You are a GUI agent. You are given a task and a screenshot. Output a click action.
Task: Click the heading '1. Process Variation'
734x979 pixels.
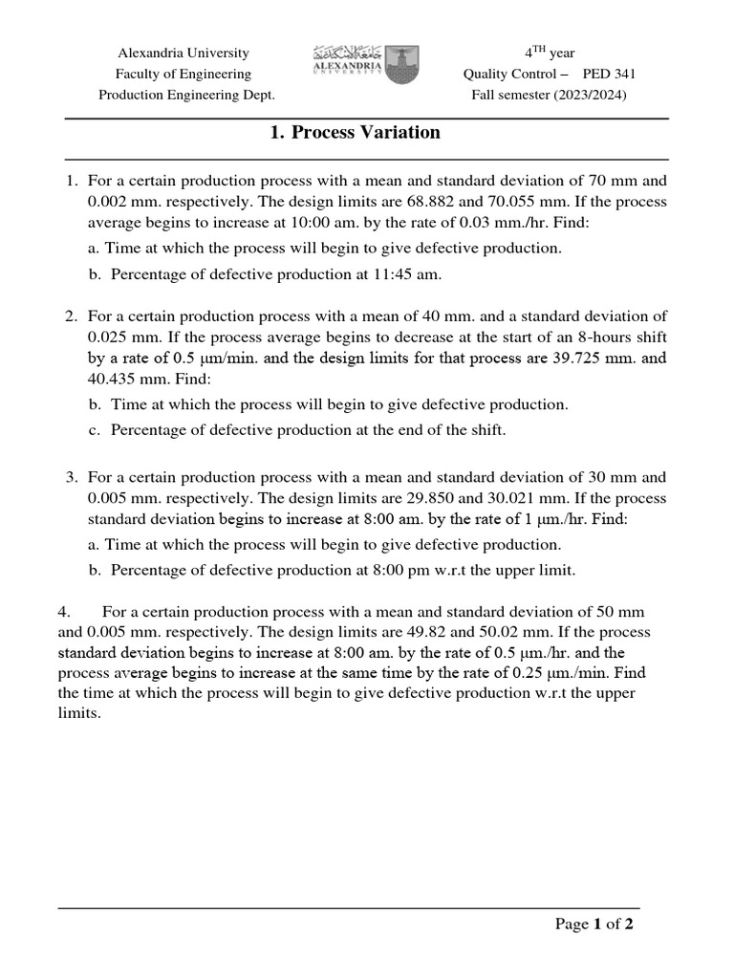click(356, 133)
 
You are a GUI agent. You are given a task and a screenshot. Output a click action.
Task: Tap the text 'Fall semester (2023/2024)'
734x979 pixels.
click(550, 95)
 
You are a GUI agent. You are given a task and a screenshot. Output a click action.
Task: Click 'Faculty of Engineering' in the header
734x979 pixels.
click(183, 74)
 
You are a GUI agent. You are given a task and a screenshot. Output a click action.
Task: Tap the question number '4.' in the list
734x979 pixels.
click(64, 611)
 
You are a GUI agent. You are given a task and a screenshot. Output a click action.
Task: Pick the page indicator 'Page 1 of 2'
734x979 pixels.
click(594, 925)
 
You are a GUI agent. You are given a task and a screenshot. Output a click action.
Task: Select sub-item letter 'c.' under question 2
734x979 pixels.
click(94, 429)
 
